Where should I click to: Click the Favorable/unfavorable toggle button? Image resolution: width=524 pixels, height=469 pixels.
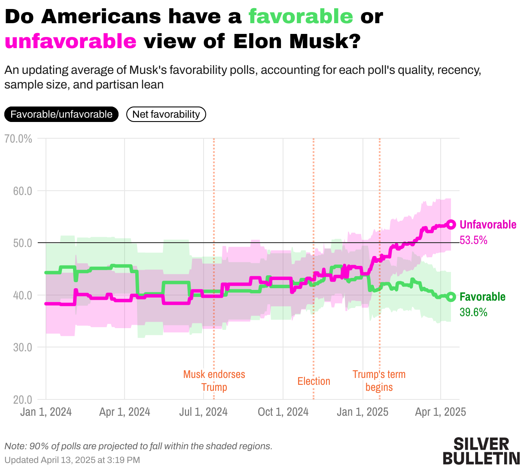[x=61, y=114]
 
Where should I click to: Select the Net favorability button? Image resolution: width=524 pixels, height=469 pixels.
[x=166, y=114]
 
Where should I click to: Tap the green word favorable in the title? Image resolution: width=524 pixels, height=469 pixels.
[x=301, y=17]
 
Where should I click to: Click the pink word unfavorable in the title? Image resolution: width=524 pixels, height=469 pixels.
[x=70, y=42]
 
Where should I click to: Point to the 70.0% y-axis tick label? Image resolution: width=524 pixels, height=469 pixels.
[x=18, y=139]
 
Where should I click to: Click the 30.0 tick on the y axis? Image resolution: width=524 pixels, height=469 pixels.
[x=23, y=347]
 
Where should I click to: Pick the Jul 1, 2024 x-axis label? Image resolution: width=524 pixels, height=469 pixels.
[x=203, y=412]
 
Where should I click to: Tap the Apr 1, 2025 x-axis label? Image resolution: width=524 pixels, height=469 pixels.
[x=440, y=412]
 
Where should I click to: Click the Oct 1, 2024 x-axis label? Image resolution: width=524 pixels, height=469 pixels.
[x=283, y=412]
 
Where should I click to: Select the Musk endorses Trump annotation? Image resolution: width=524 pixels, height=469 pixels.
[x=214, y=381]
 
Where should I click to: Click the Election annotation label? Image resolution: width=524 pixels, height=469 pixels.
[x=314, y=381]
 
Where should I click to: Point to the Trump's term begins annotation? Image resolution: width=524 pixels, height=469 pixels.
[x=379, y=381]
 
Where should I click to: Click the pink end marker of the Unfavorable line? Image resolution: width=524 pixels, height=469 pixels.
[x=451, y=224]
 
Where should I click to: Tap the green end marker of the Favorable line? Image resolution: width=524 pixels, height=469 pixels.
[x=451, y=296]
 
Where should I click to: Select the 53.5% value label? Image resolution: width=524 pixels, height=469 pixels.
[x=473, y=240]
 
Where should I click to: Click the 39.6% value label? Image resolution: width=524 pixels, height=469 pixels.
[x=473, y=312]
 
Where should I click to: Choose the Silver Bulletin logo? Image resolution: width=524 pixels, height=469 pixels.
[x=481, y=451]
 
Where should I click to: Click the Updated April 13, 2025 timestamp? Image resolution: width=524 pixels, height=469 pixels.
[x=72, y=460]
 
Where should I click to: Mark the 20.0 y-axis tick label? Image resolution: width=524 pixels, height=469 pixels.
[x=23, y=399]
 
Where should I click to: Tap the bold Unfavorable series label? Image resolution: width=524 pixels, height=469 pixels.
[x=488, y=225]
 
